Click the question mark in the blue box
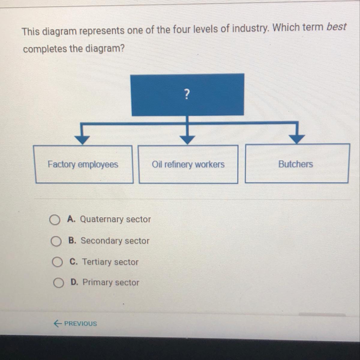(x=187, y=94)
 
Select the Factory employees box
(x=83, y=164)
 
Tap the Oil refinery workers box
(x=188, y=164)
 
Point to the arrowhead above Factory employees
(x=82, y=139)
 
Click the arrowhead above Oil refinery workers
(x=187, y=139)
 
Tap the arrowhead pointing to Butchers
(x=297, y=138)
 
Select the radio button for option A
(x=55, y=220)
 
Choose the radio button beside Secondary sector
(x=56, y=241)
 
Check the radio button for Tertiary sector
(x=57, y=262)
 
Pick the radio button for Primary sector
(x=58, y=283)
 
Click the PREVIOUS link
(x=80, y=323)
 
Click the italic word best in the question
(x=336, y=27)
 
